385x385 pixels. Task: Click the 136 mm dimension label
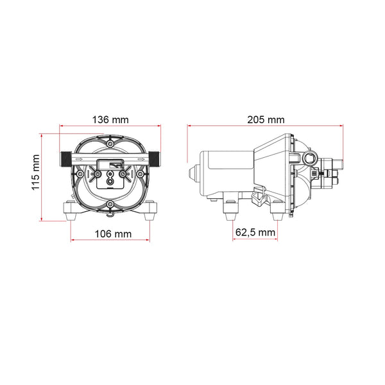pyautogui.click(x=110, y=120)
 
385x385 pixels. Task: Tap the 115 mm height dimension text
pyautogui.click(x=36, y=172)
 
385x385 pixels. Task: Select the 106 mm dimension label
pyautogui.click(x=113, y=234)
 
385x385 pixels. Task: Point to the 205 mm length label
pyautogui.click(x=266, y=120)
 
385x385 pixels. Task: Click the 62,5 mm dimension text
pyautogui.click(x=255, y=232)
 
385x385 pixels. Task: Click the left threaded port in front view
pyautogui.click(x=65, y=159)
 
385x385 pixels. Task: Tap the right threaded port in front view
pyautogui.click(x=155, y=159)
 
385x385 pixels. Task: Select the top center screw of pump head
pyautogui.click(x=110, y=144)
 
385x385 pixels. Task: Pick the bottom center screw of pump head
pyautogui.click(x=110, y=203)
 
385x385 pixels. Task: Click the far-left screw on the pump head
pyautogui.click(x=80, y=174)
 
